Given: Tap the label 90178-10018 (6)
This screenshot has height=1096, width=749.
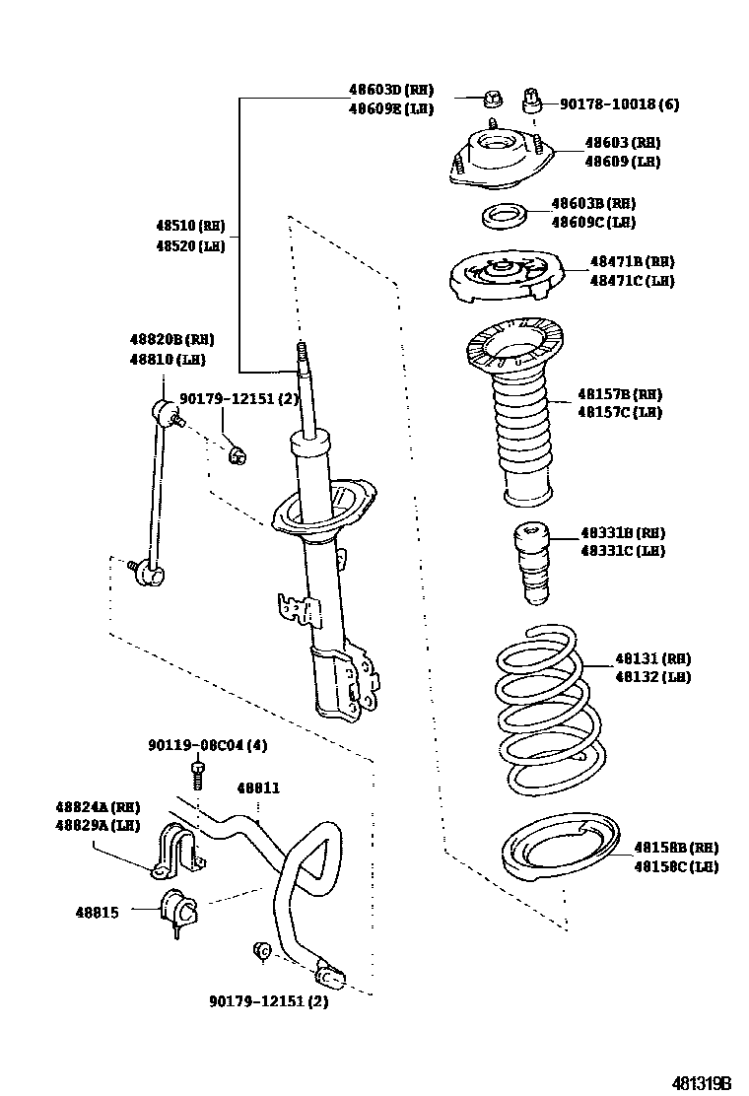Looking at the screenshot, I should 619,103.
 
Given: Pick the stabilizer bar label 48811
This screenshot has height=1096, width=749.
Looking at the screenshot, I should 258,788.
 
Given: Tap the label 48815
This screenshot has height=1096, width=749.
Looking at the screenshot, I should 97,913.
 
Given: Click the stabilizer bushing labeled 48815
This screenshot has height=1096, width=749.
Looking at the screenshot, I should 178,906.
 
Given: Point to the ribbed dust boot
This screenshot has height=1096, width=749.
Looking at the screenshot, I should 519,434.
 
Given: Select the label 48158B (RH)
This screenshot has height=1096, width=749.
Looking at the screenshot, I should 675,848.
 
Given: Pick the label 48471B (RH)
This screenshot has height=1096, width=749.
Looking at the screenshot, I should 632,261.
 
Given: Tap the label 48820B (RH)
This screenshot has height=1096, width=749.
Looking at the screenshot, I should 171,340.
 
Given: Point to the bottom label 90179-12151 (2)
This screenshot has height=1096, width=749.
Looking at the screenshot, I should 268,1001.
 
